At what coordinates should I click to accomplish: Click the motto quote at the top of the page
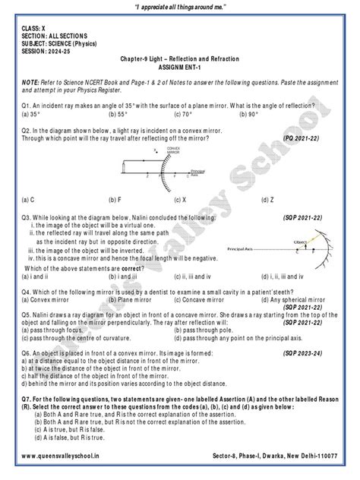pos(179,8)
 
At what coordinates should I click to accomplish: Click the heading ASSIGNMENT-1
pos(179,66)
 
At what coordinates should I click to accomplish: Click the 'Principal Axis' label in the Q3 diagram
pos(243,248)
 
